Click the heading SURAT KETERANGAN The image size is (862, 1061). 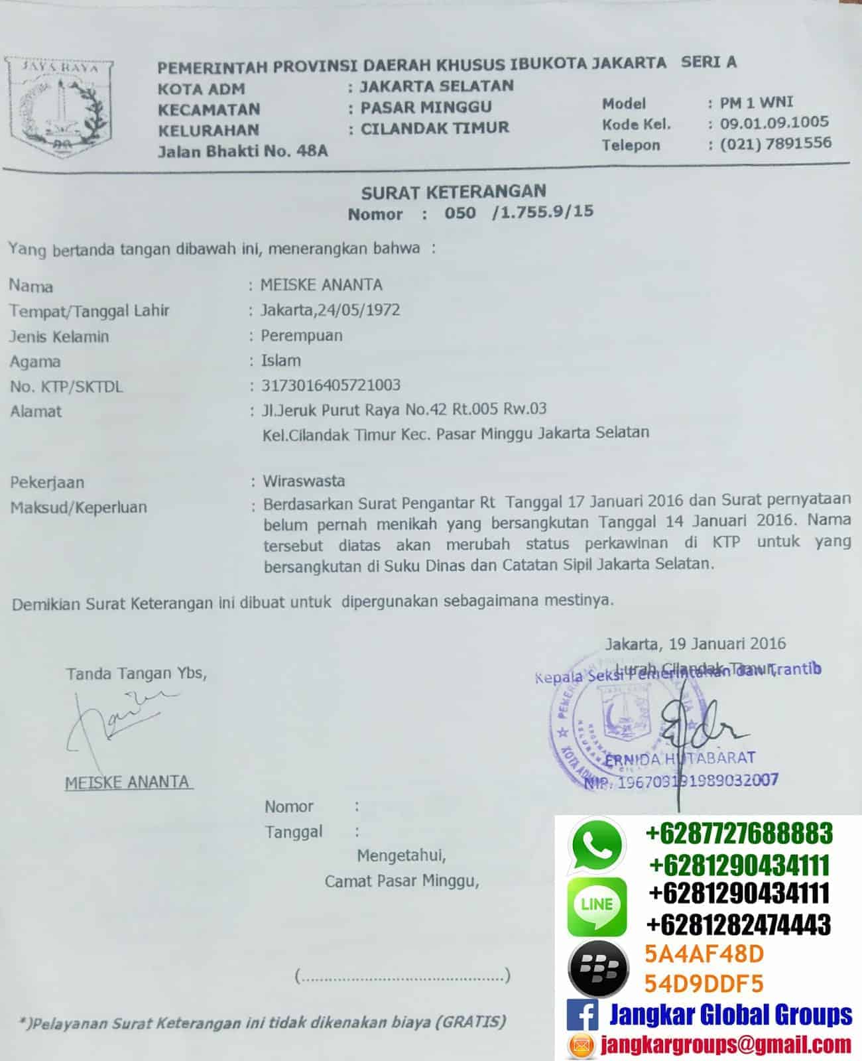[454, 192]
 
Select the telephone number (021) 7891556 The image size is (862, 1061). [775, 143]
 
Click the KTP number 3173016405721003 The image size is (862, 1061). [330, 385]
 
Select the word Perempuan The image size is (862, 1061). [301, 336]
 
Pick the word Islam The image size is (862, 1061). [280, 361]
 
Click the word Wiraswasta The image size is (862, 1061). [304, 481]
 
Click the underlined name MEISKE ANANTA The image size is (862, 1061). [127, 782]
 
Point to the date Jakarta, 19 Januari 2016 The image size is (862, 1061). [695, 643]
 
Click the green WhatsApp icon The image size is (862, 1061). [596, 844]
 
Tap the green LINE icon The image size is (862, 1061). [596, 905]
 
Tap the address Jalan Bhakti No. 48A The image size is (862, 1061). [243, 151]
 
